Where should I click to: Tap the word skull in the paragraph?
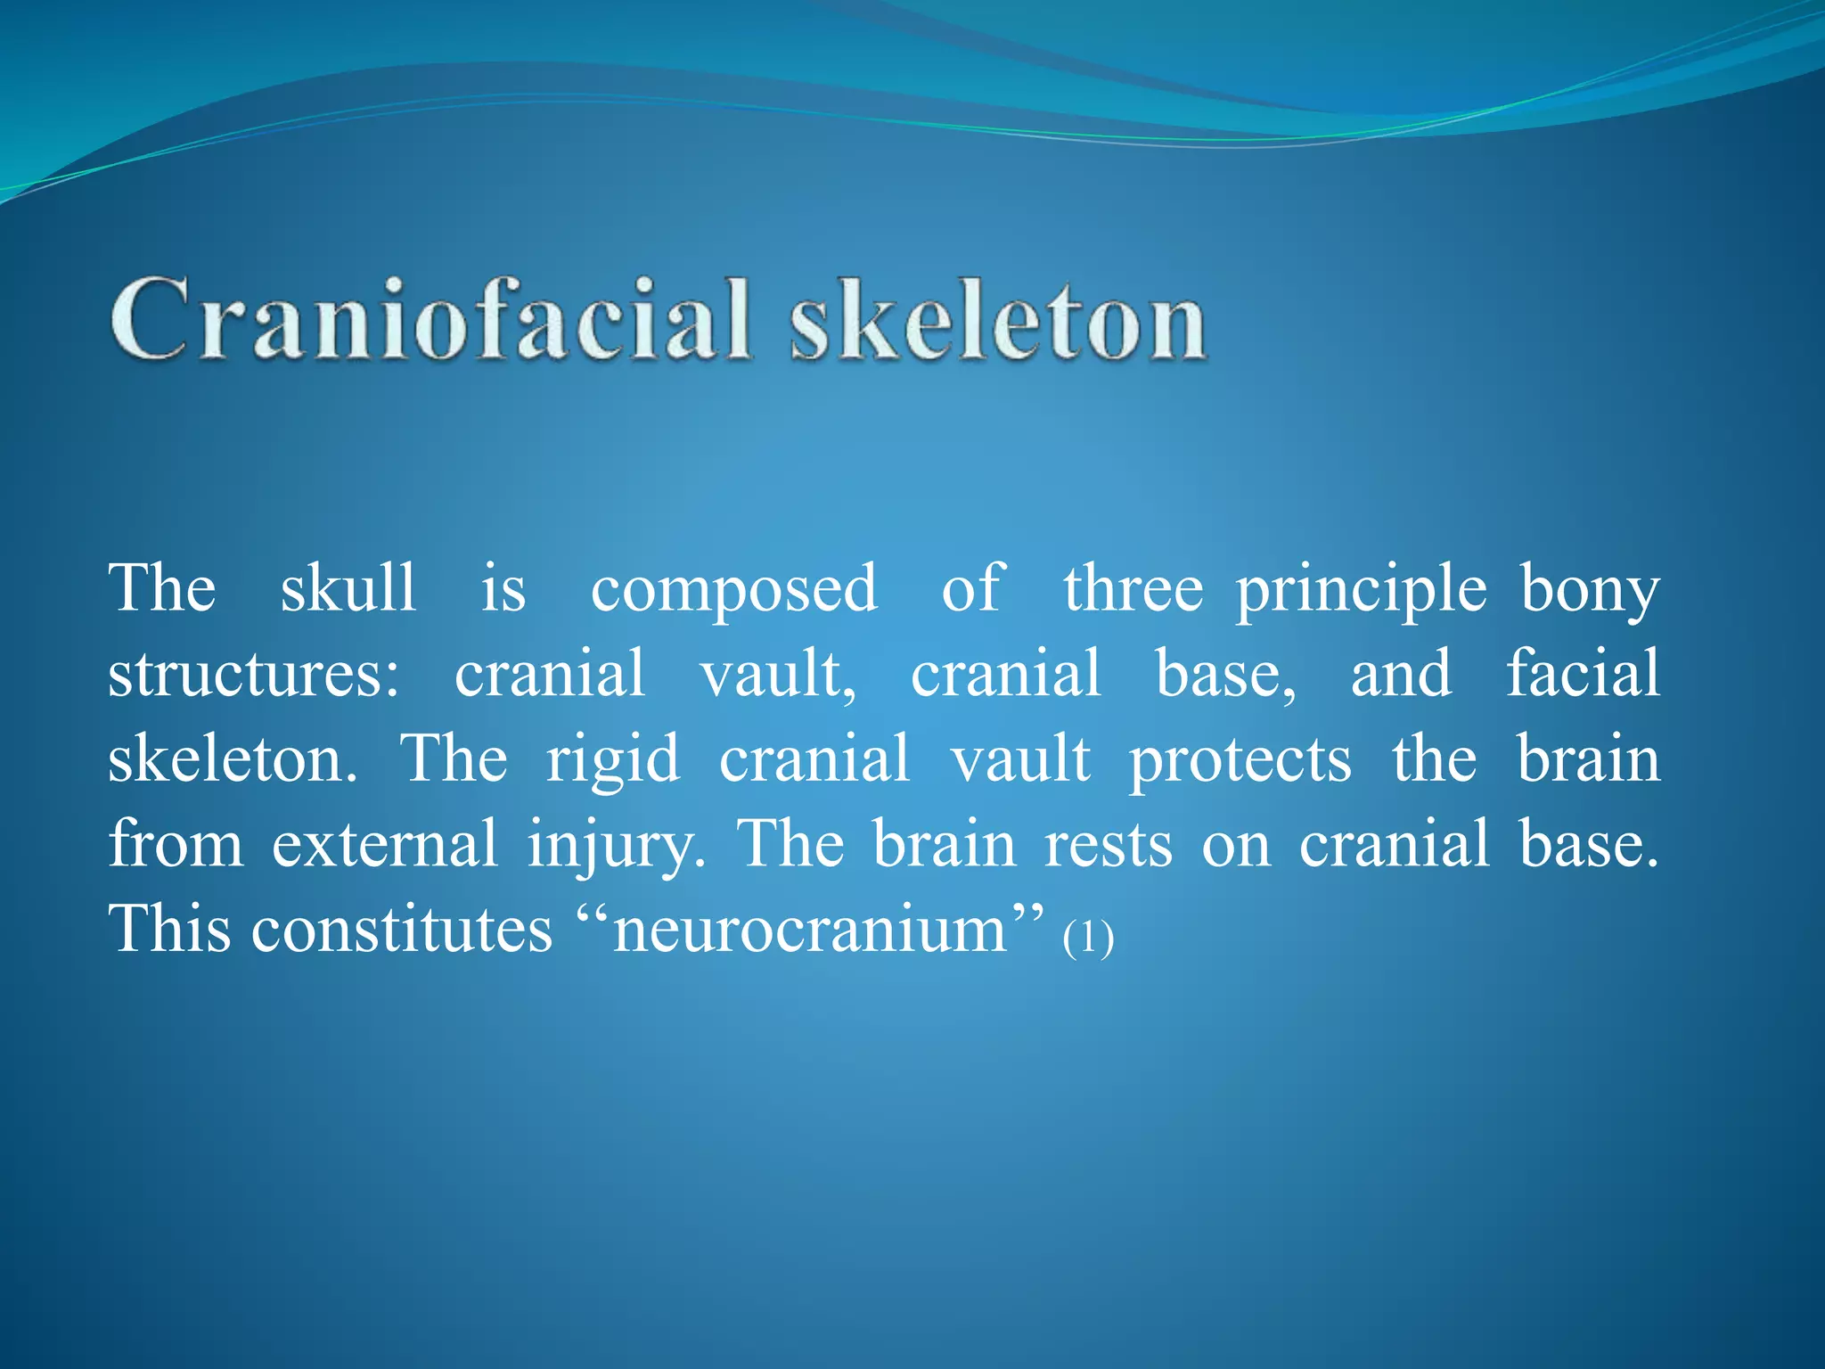click(x=348, y=588)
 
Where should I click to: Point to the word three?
click(x=1133, y=588)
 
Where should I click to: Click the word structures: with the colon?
click(x=254, y=674)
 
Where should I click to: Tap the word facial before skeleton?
click(x=1583, y=672)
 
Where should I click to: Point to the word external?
click(x=384, y=844)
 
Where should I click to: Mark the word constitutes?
click(x=402, y=930)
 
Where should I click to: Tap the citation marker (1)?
click(x=1088, y=939)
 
